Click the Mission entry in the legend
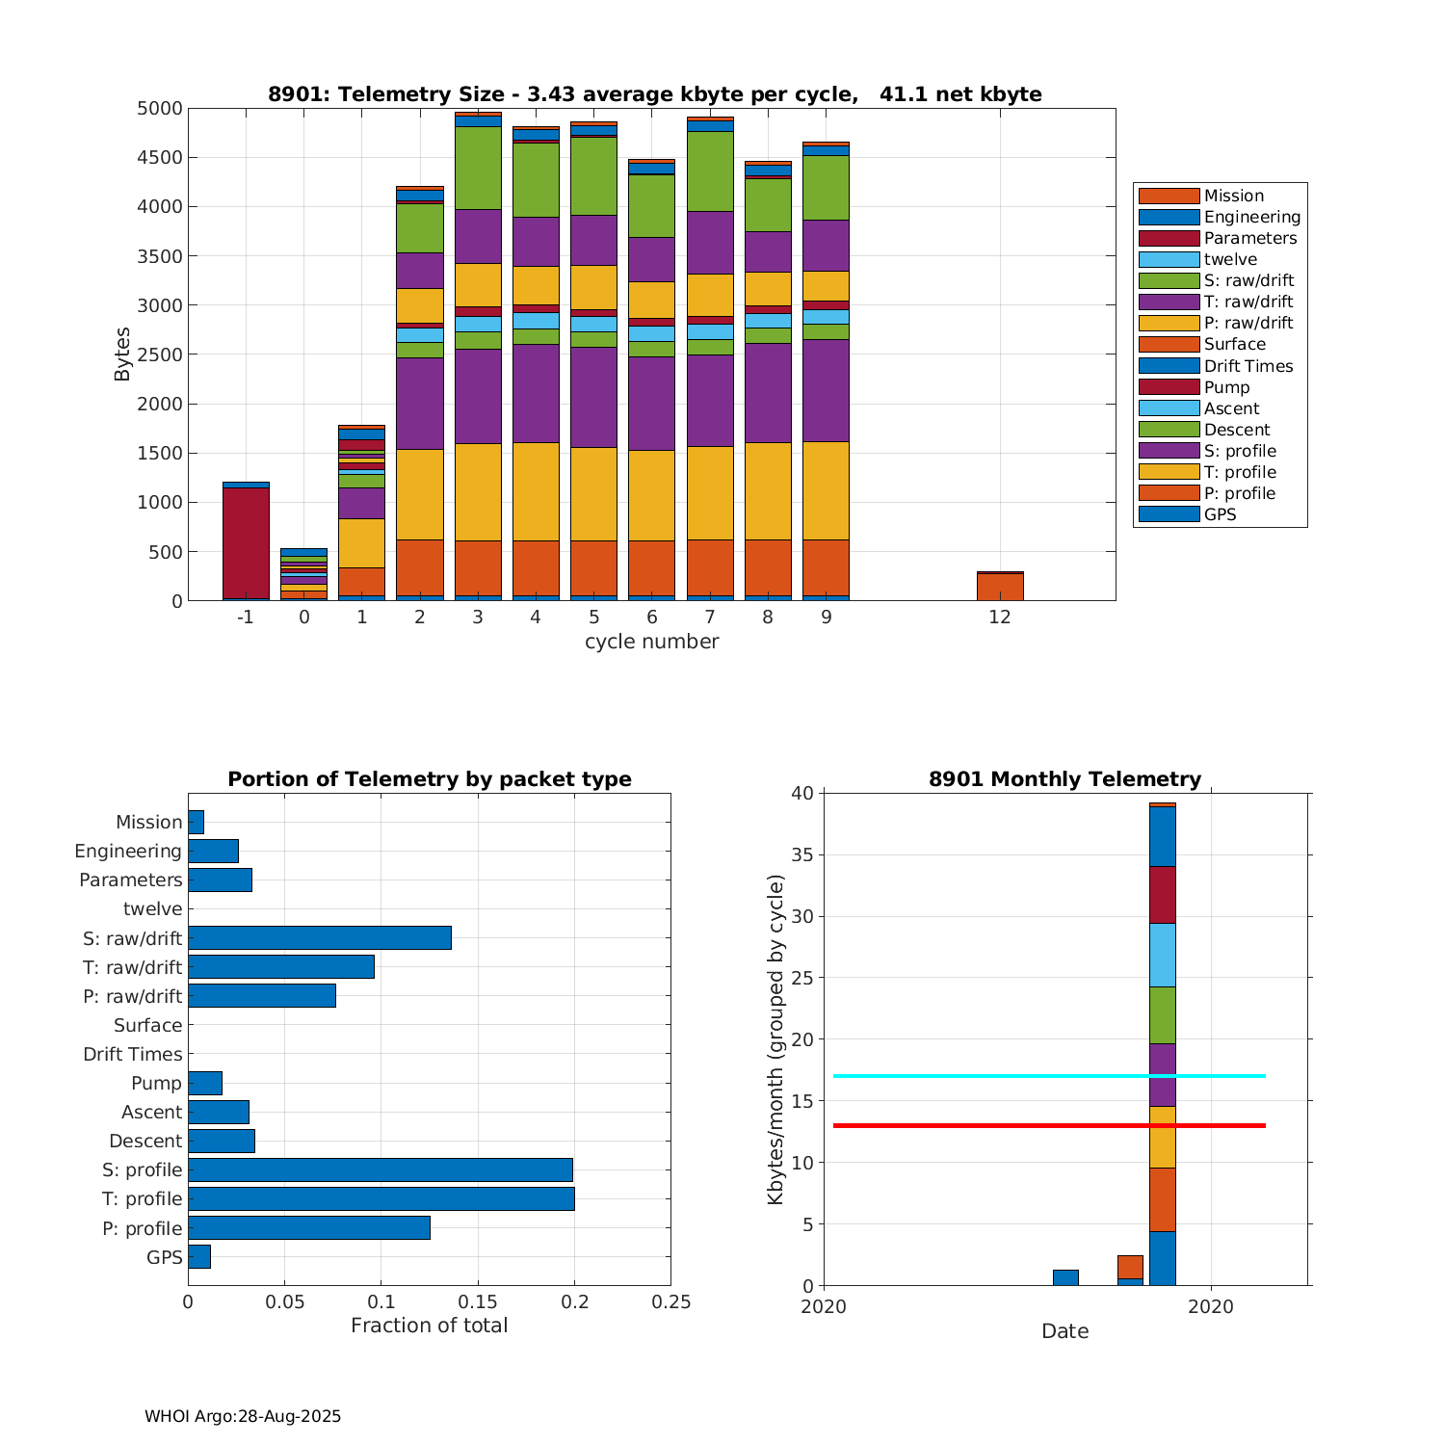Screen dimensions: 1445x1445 (1233, 196)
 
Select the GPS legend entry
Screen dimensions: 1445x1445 (1220, 514)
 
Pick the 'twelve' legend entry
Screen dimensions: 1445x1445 (1230, 259)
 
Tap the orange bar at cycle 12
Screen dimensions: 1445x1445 (1000, 587)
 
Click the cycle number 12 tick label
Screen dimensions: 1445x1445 (1000, 617)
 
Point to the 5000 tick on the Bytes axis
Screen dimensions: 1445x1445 (159, 109)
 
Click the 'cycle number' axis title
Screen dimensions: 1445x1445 (651, 642)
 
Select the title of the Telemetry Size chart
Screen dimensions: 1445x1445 (654, 94)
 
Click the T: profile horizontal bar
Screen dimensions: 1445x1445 (381, 1198)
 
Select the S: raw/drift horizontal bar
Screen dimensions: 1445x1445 (319, 937)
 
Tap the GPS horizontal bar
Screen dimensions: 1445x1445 (199, 1256)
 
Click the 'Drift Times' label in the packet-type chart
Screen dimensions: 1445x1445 (132, 1054)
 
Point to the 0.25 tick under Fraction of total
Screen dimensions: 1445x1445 (671, 1302)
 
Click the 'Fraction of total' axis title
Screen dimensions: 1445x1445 (429, 1326)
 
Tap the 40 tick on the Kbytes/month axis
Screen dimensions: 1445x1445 (801, 794)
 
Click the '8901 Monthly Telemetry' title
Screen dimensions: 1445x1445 (1064, 779)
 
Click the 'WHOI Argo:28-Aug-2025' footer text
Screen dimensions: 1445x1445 (243, 1416)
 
